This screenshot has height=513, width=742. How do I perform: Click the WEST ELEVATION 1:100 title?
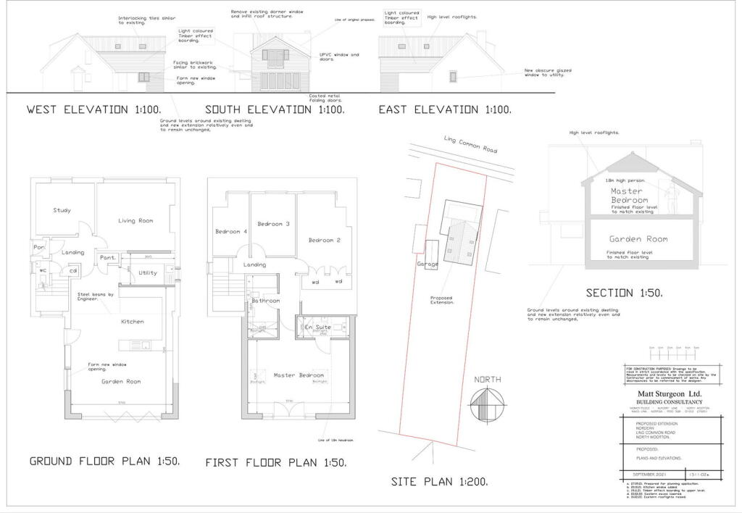[93, 110]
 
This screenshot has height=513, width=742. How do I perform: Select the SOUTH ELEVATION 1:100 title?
[275, 110]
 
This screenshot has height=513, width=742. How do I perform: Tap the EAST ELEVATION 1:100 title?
[445, 110]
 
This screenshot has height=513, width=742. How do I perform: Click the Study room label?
[62, 211]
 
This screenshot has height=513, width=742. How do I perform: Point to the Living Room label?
[136, 220]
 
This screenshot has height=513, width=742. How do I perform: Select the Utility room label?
[148, 273]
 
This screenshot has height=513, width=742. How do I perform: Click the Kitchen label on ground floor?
[133, 321]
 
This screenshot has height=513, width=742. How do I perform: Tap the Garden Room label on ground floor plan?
[121, 381]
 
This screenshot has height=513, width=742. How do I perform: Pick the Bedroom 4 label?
[231, 232]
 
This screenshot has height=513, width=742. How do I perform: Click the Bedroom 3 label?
[273, 224]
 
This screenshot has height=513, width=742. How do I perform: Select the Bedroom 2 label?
[324, 240]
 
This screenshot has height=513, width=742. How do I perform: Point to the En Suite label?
[318, 328]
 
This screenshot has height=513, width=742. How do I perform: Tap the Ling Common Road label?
[471, 145]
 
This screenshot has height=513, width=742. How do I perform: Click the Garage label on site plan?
[428, 264]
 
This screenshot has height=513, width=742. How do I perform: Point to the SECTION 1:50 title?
[624, 293]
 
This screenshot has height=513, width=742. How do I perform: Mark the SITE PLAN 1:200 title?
[439, 481]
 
